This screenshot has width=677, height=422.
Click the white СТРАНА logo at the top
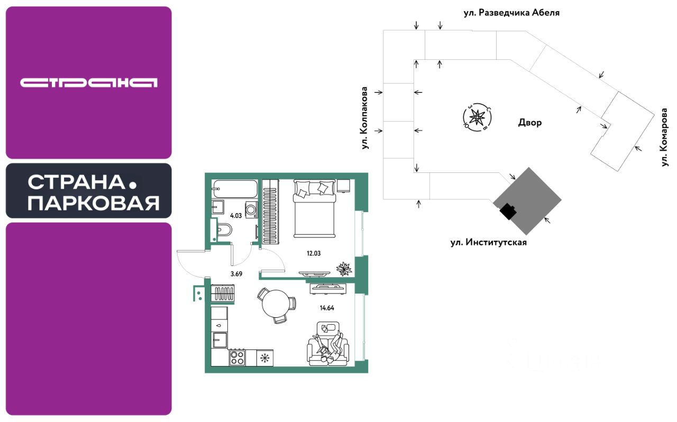pyautogui.click(x=89, y=82)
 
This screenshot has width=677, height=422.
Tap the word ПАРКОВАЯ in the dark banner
pyautogui.click(x=94, y=203)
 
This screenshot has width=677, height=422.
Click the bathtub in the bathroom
pyautogui.click(x=235, y=188)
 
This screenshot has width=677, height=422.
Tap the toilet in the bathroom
pyautogui.click(x=222, y=231)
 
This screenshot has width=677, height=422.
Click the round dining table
pyautogui.click(x=276, y=305)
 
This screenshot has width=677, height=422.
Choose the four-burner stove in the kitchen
pyautogui.click(x=237, y=358)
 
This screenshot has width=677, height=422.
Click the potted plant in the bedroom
pyautogui.click(x=344, y=269)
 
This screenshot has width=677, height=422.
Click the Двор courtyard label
pyautogui.click(x=530, y=123)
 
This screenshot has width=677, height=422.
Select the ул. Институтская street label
pyautogui.click(x=489, y=243)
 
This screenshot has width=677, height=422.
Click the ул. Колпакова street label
pyautogui.click(x=365, y=117)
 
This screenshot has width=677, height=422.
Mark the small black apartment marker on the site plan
pyautogui.click(x=508, y=211)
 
